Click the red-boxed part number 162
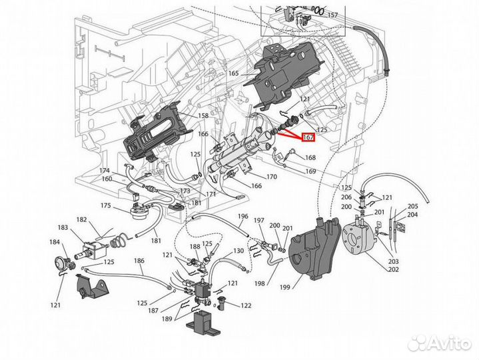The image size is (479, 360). coord(308,137)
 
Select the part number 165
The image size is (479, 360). coord(234,73)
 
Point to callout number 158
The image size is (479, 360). coord(203,115)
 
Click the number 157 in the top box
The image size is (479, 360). coord(332,15)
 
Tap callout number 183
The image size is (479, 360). coord(63,228)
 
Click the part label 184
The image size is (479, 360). coord(53,241)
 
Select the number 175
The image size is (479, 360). coord(106,206)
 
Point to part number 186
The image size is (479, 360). coord(139,261)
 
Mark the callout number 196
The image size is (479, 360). coord(242,216)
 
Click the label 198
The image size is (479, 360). coord(259,283)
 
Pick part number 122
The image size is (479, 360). coord(246,305)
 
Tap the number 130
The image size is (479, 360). coord(238,251)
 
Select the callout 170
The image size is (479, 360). coord(271,177)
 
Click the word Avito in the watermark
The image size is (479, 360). coord(447,343)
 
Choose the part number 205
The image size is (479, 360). coord(413,206)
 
